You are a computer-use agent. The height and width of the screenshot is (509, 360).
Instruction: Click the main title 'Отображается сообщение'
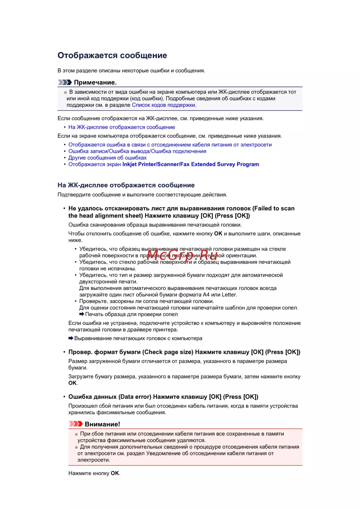point(112,55)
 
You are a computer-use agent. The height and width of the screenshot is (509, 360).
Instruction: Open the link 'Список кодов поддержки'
point(163,105)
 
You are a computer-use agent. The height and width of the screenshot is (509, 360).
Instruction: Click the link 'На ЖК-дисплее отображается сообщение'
point(122,127)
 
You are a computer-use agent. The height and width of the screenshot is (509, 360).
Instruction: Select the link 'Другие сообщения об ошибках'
point(107,158)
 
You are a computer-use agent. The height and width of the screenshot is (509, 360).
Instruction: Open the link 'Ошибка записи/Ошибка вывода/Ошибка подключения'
point(137,151)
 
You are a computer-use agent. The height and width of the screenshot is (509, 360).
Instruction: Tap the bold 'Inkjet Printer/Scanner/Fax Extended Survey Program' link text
point(190,164)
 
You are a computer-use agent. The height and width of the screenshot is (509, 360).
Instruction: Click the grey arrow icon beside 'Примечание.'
point(65,82)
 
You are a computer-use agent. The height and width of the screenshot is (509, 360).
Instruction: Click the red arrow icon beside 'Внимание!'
point(76,424)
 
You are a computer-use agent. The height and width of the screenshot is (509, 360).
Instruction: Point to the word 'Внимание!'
point(102,424)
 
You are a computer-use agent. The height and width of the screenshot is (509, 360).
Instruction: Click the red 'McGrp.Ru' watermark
point(182,255)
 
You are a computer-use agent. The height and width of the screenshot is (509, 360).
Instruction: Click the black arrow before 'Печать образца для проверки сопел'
point(82,314)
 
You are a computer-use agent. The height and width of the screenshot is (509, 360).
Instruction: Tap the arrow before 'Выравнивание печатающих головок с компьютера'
point(71,338)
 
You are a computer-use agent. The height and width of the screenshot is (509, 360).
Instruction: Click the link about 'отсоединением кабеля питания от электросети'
point(170,145)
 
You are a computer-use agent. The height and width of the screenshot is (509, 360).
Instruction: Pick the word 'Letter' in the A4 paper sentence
point(229,295)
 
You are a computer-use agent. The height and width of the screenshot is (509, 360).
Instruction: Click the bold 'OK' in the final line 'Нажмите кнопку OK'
point(115,473)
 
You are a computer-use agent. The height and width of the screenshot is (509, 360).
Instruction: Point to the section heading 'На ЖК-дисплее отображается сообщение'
point(126,185)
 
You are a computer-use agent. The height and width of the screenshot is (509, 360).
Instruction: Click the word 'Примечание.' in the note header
point(95,82)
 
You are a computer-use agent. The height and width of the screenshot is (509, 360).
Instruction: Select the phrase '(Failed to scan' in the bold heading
point(274,208)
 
